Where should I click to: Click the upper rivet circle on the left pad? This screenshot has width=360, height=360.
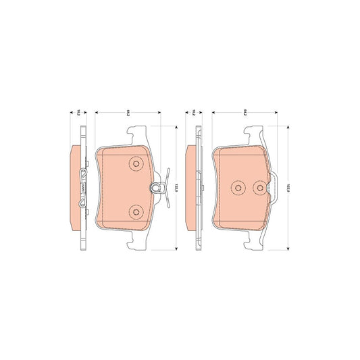136,163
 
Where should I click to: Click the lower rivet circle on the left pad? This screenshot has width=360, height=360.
136,212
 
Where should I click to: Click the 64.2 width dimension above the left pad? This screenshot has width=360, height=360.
127,113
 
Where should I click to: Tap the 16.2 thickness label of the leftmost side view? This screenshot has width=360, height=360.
78,113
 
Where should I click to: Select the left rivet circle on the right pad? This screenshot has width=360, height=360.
237,188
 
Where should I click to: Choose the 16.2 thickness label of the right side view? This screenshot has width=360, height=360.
194,113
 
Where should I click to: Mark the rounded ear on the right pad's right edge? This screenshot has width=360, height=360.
276,188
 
